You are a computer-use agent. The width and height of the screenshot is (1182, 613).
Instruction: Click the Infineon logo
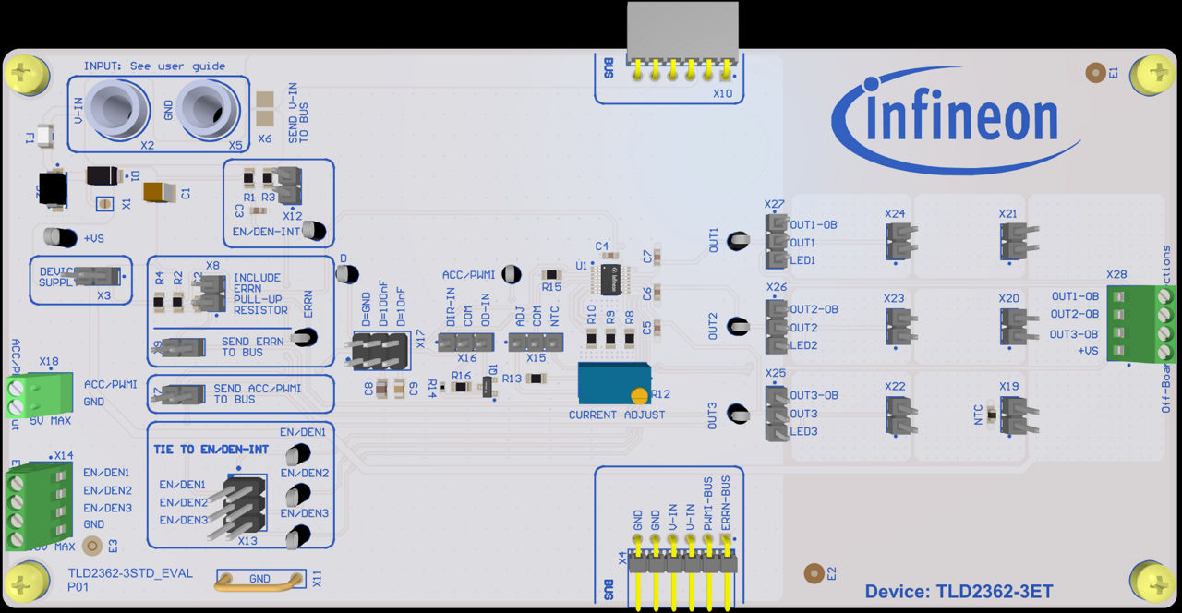(x=956, y=121)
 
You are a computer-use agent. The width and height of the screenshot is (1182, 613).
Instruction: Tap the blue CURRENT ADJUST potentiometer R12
(x=613, y=382)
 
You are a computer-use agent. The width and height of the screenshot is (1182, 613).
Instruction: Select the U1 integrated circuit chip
(x=609, y=278)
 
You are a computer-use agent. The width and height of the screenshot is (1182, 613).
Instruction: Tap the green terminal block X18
(x=33, y=394)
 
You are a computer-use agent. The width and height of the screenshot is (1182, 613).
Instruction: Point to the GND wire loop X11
(x=259, y=580)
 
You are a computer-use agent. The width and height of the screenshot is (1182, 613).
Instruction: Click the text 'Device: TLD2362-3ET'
(x=958, y=591)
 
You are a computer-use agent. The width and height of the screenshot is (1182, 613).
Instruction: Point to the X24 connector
(x=899, y=242)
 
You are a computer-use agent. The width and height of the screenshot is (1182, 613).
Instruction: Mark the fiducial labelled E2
(x=813, y=573)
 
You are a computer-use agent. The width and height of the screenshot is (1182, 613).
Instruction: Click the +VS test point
(x=63, y=237)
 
